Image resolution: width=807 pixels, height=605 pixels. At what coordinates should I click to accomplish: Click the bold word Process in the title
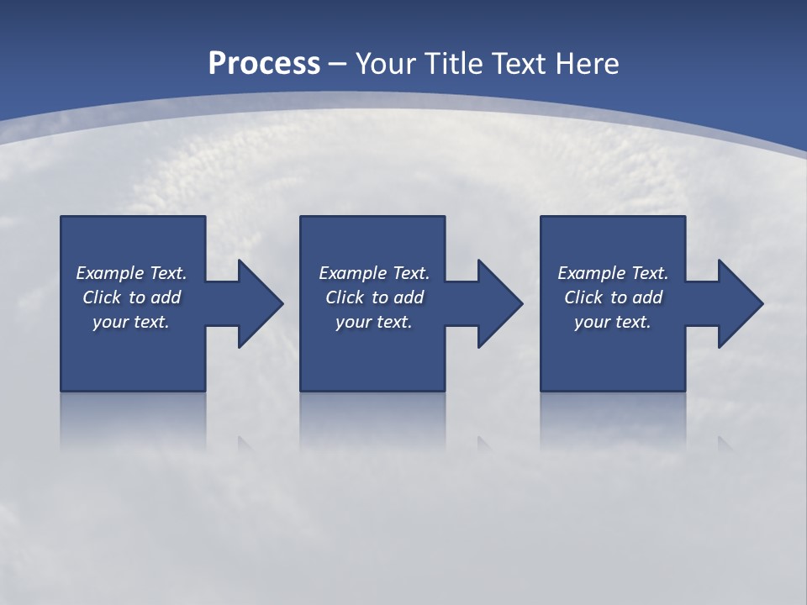click(264, 64)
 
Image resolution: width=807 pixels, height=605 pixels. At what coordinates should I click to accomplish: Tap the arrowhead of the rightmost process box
click(739, 303)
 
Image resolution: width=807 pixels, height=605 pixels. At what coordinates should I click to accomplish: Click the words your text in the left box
click(131, 322)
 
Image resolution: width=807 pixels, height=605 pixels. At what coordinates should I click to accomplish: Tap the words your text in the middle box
click(373, 322)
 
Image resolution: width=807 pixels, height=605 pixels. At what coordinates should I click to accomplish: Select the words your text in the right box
click(613, 322)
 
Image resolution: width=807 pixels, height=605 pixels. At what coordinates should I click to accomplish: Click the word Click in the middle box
click(345, 297)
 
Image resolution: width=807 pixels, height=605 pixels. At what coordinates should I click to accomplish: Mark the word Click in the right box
click(583, 297)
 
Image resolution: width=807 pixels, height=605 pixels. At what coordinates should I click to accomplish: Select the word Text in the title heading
click(520, 64)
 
